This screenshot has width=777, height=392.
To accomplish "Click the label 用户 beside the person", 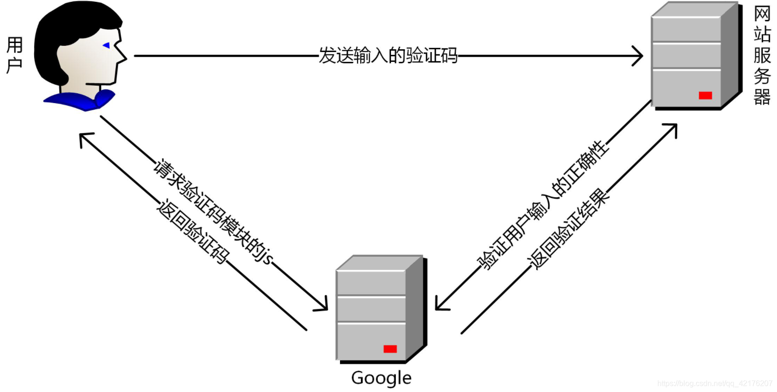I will pyautogui.click(x=15, y=55).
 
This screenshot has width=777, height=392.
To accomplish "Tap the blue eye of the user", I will pyautogui.click(x=106, y=45).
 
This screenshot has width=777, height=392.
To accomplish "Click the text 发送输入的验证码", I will pyautogui.click(x=388, y=55).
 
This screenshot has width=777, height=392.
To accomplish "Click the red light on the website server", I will pyautogui.click(x=705, y=96).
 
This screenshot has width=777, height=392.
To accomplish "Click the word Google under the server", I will pyautogui.click(x=381, y=378).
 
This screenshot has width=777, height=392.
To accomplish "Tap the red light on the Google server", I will pyautogui.click(x=390, y=349).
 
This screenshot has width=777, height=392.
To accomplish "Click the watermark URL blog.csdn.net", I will pyautogui.click(x=714, y=383).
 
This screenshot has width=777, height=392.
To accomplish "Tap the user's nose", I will pyautogui.click(x=123, y=57).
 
